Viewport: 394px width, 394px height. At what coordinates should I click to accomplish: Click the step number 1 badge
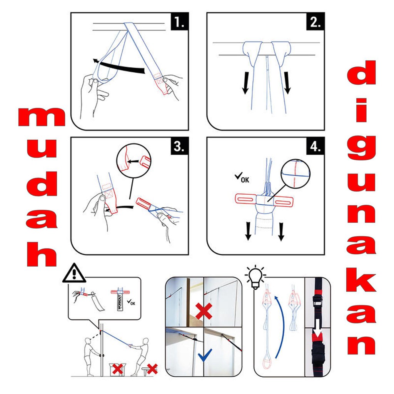pyautogui.click(x=179, y=22)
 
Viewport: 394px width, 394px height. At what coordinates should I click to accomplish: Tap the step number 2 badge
pyautogui.click(x=316, y=22)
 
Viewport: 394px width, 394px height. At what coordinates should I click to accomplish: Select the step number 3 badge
pyautogui.click(x=179, y=146)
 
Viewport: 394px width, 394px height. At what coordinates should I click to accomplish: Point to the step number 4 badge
pyautogui.click(x=316, y=146)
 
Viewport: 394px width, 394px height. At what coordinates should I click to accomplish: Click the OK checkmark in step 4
pyautogui.click(x=242, y=177)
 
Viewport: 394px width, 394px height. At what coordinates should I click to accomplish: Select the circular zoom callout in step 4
pyautogui.click(x=295, y=174)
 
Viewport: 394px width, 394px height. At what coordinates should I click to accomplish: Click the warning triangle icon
pyautogui.click(x=74, y=274)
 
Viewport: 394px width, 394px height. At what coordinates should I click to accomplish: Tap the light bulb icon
pyautogui.click(x=255, y=277)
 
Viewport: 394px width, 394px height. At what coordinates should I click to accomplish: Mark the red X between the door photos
pyautogui.click(x=204, y=311)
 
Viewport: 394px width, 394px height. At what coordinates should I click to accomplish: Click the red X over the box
pyautogui.click(x=118, y=369)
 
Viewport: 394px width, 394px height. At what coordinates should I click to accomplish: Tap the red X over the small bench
pyautogui.click(x=152, y=369)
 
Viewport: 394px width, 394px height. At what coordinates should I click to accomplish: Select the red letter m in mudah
pyautogui.click(x=42, y=117)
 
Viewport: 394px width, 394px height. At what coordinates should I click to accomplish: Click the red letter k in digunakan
pyautogui.click(x=361, y=282)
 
